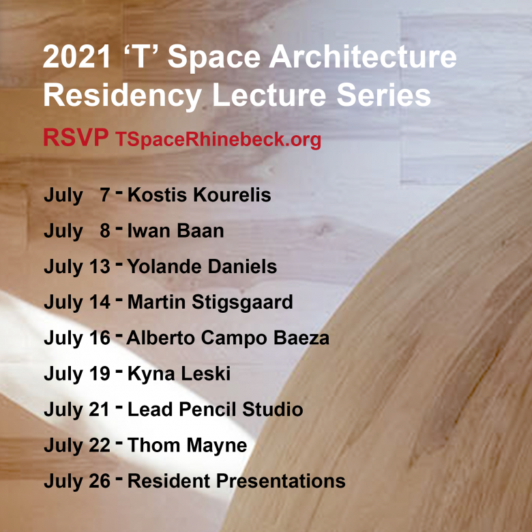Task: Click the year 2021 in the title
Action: coord(76,57)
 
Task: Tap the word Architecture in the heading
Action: coord(363,57)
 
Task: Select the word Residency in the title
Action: coord(123,96)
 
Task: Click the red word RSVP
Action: coord(76,137)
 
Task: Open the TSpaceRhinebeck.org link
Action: coord(218,139)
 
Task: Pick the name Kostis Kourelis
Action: coord(199,195)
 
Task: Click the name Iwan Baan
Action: coord(175,231)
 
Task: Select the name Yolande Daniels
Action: coord(202,266)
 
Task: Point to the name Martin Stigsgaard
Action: coord(210,303)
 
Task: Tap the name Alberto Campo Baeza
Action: coord(228,338)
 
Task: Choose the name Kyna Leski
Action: coord(179,374)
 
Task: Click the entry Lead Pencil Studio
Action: coord(215,409)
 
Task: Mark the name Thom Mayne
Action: coord(188,445)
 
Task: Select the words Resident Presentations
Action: coord(237,481)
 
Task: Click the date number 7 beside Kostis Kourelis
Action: coord(105,195)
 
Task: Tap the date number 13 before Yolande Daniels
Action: coord(100,266)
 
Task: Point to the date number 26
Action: coord(100,481)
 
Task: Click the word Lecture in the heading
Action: coord(269,95)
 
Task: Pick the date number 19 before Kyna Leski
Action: coord(100,374)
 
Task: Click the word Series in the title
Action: coord(384,95)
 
